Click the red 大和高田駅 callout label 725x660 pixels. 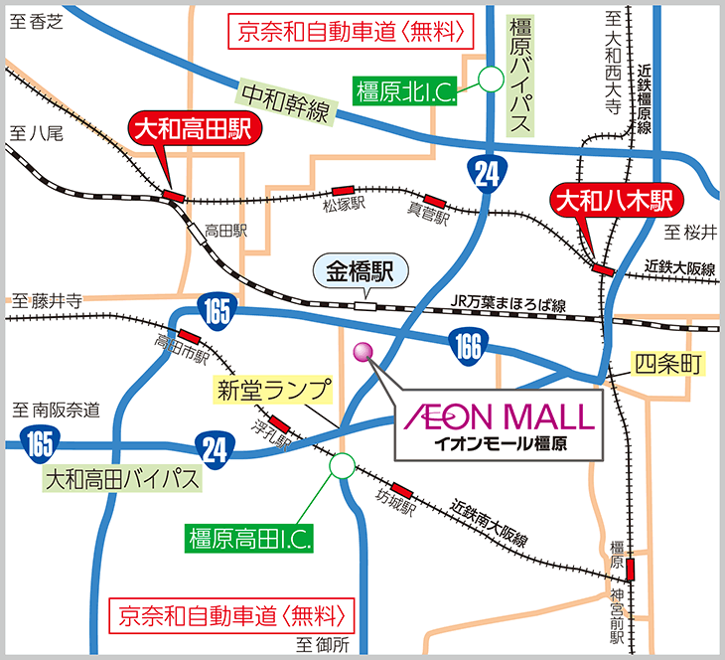pos(195,130)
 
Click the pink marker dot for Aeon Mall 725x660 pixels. pos(362,351)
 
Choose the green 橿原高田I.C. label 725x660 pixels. pos(249,541)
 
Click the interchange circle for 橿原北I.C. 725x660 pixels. pos(491,79)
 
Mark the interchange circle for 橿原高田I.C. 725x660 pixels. pos(342,464)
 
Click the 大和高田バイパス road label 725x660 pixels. pos(121,479)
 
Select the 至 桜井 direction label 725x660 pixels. pos(689,233)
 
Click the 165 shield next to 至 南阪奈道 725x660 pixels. pos(37,439)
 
